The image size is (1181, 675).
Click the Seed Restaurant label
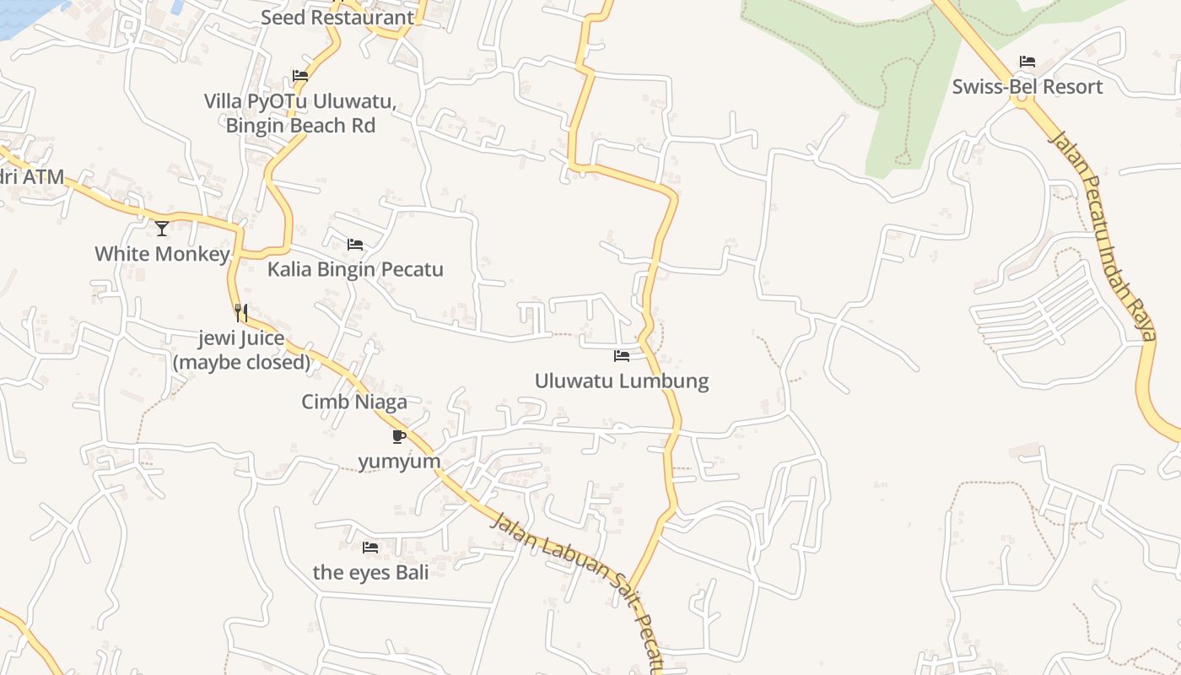click(x=337, y=17)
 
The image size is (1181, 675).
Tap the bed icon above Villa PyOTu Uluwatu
click(x=300, y=76)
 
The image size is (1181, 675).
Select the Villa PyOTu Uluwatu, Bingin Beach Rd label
click(x=300, y=114)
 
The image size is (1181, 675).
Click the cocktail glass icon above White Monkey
click(x=162, y=228)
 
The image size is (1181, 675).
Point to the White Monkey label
click(x=162, y=254)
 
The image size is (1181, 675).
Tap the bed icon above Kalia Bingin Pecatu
click(x=355, y=245)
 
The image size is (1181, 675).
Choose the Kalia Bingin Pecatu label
click(x=355, y=270)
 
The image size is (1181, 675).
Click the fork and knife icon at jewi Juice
click(x=241, y=313)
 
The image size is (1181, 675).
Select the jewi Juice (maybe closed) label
click(x=242, y=350)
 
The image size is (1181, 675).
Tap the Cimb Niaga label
click(x=354, y=402)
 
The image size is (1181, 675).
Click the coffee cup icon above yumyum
click(x=399, y=436)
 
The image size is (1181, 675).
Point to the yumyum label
click(x=399, y=462)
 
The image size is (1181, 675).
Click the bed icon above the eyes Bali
click(x=370, y=548)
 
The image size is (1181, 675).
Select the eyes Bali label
click(x=370, y=572)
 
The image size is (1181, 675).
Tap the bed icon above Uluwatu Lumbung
click(x=622, y=356)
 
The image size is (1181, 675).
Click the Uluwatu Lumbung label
click(x=622, y=381)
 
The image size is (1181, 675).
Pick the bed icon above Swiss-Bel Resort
click(x=1027, y=62)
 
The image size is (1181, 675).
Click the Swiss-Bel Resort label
click(x=1027, y=87)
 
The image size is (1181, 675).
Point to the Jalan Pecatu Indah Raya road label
click(x=1101, y=232)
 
